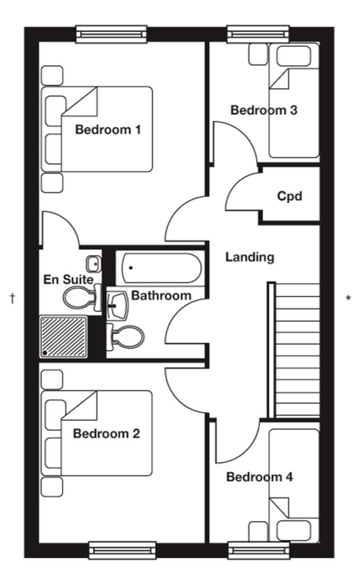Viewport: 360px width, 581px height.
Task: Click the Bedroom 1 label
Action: pos(108,130)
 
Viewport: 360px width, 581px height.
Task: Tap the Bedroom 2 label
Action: pos(106,433)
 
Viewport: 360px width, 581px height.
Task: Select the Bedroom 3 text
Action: pos(264,110)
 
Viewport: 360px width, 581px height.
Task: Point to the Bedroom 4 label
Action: pos(259,477)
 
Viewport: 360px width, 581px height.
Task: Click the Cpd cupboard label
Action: pos(289,196)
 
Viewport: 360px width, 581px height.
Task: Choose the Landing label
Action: pos(250,257)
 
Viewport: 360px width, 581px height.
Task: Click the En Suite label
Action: pos(68,279)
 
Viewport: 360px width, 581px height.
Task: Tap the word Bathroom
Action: pos(161,295)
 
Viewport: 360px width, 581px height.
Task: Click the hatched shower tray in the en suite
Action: pos(63,337)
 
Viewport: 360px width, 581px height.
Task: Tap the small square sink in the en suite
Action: pos(93,264)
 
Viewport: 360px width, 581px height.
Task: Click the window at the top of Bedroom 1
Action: pos(111,34)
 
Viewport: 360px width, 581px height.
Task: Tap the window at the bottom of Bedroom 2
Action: pos(122,550)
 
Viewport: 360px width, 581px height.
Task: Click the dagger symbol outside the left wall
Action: pos(13,298)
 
